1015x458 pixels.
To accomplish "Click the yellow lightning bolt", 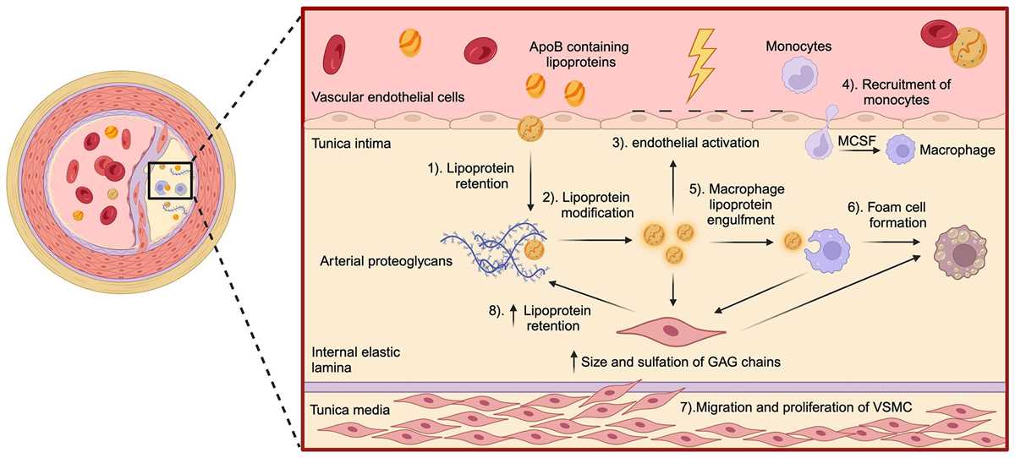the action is tap(701, 65).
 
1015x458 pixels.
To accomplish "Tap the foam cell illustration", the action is tap(960, 253).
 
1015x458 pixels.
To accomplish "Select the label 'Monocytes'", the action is tap(798, 46).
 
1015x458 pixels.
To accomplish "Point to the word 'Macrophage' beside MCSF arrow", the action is tap(957, 150).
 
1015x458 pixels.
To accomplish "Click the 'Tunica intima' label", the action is tap(351, 144).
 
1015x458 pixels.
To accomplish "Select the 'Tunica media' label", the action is tap(350, 410).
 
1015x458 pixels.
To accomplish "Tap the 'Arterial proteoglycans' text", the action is tap(386, 261).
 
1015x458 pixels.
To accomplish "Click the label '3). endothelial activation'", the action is tap(686, 143).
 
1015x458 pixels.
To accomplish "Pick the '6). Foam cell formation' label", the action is tap(887, 215).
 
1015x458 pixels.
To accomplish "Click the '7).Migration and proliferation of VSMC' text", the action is tap(796, 407).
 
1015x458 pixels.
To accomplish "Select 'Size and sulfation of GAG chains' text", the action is tap(681, 362).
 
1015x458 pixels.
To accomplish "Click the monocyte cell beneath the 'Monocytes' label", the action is tap(799, 76).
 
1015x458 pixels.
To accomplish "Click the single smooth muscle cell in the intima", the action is tap(671, 331).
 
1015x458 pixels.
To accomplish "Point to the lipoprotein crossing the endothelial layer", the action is tap(530, 128).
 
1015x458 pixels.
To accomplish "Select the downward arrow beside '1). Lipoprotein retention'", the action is tap(530, 182).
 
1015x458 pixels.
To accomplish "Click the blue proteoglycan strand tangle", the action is tap(495, 251).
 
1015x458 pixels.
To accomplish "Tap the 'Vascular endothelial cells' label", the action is tap(388, 97).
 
